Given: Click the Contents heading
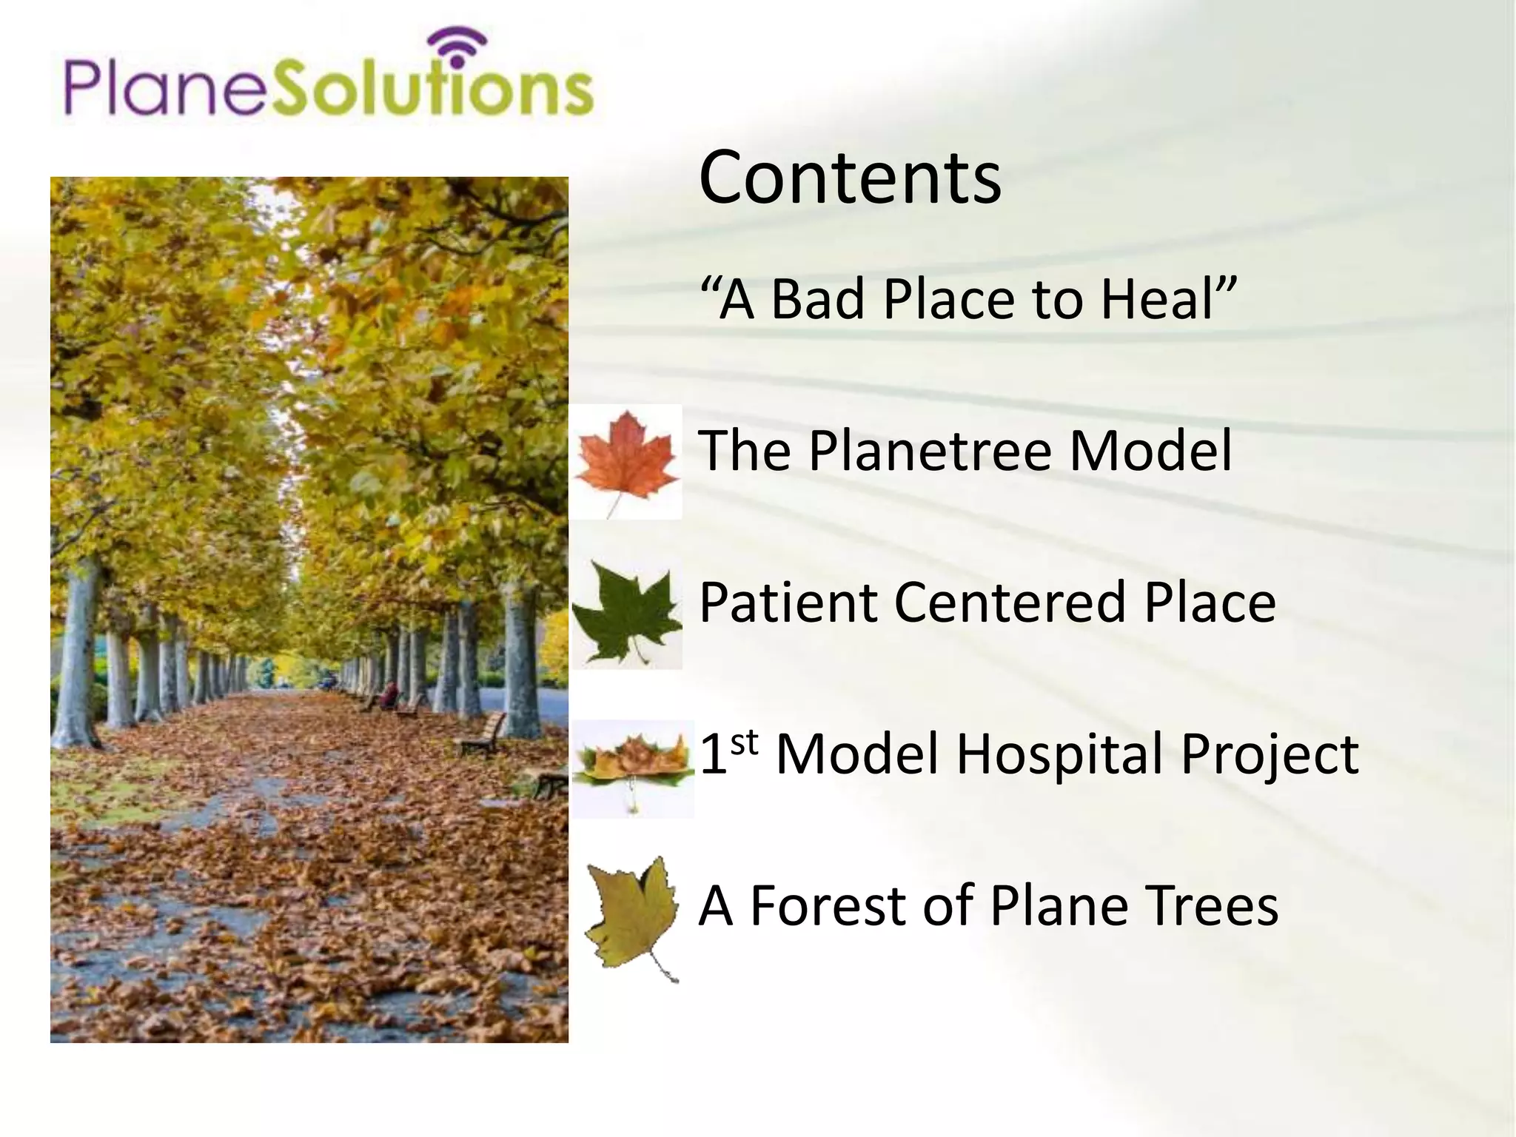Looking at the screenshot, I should click(850, 178).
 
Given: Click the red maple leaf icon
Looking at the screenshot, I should click(626, 459).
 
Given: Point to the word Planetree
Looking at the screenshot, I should click(930, 451).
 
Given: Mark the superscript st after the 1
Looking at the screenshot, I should click(745, 742).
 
